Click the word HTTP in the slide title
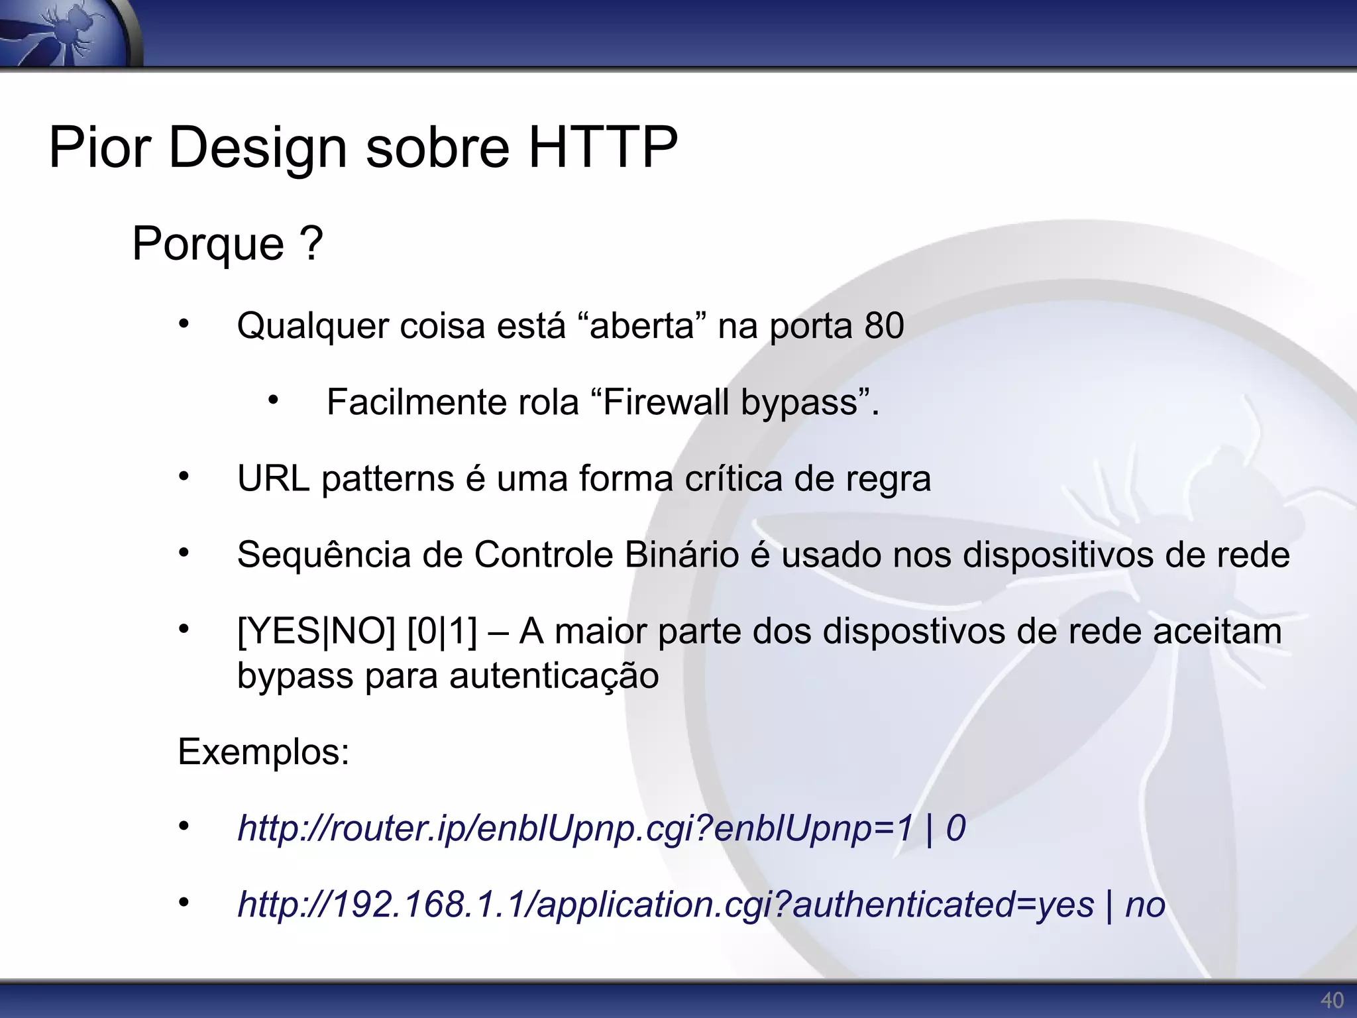[602, 147]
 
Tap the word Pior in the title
[99, 147]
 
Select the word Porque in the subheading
[208, 244]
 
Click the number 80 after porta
[884, 325]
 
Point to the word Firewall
[666, 402]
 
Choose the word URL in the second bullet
[274, 478]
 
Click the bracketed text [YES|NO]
[316, 631]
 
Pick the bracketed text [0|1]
[442, 631]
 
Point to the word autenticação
[554, 676]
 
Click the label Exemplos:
[263, 752]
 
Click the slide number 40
[1332, 1000]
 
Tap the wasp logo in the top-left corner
[70, 33]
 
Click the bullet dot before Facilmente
[273, 400]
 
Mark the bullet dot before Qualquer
[184, 323]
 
